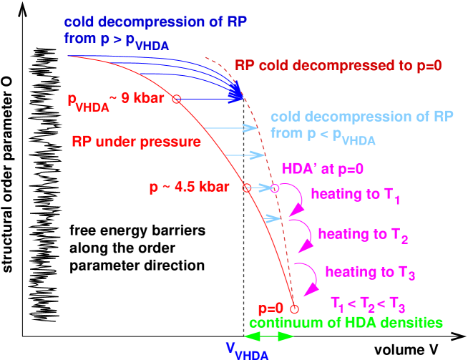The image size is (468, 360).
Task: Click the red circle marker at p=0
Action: pos(293,309)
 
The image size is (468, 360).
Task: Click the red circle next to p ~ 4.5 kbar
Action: pos(247,189)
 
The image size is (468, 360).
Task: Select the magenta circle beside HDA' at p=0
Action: pos(275,189)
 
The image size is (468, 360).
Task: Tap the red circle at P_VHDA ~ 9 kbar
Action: pos(177,99)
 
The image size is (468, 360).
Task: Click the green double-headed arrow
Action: pos(268,336)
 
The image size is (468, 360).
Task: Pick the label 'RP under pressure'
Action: pos(136,142)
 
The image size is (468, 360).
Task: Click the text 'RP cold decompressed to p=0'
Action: pos(338,64)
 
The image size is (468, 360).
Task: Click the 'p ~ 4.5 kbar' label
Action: pos(189,188)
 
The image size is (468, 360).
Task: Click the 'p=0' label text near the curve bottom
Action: pos(271,309)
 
